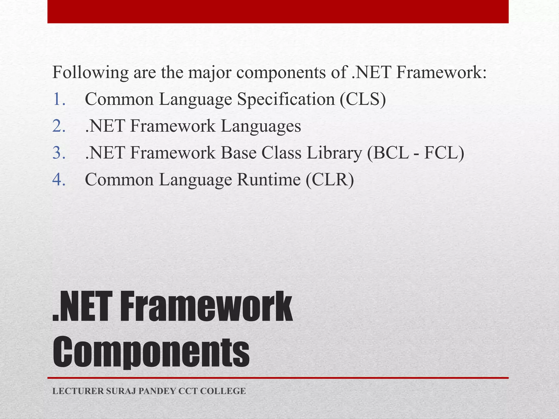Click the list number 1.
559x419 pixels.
point(59,99)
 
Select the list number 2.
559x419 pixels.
point(59,126)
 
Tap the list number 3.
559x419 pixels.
point(59,153)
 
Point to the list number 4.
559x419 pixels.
point(59,180)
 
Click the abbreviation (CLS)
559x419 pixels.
point(363,99)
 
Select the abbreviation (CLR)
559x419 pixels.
point(330,180)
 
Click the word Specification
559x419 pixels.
point(286,99)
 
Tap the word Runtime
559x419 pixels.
point(269,180)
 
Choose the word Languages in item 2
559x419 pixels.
point(261,127)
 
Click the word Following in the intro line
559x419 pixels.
point(90,73)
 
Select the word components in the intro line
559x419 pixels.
point(281,73)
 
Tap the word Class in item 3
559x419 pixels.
point(281,153)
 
